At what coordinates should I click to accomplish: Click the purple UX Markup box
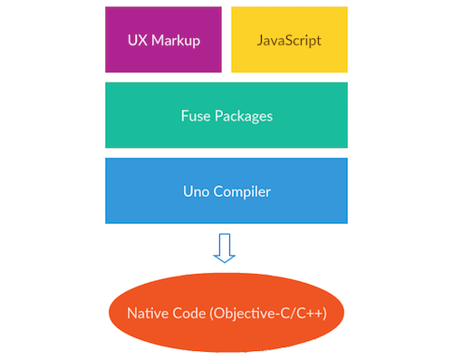(164, 39)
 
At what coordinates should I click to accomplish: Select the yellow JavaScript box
(289, 39)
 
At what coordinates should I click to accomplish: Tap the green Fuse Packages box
(226, 115)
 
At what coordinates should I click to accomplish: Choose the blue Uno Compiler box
(226, 190)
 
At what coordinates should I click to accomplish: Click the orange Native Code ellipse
(226, 314)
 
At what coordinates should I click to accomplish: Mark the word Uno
(193, 190)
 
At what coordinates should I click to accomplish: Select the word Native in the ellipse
(146, 314)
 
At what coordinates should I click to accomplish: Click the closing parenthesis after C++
(323, 314)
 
